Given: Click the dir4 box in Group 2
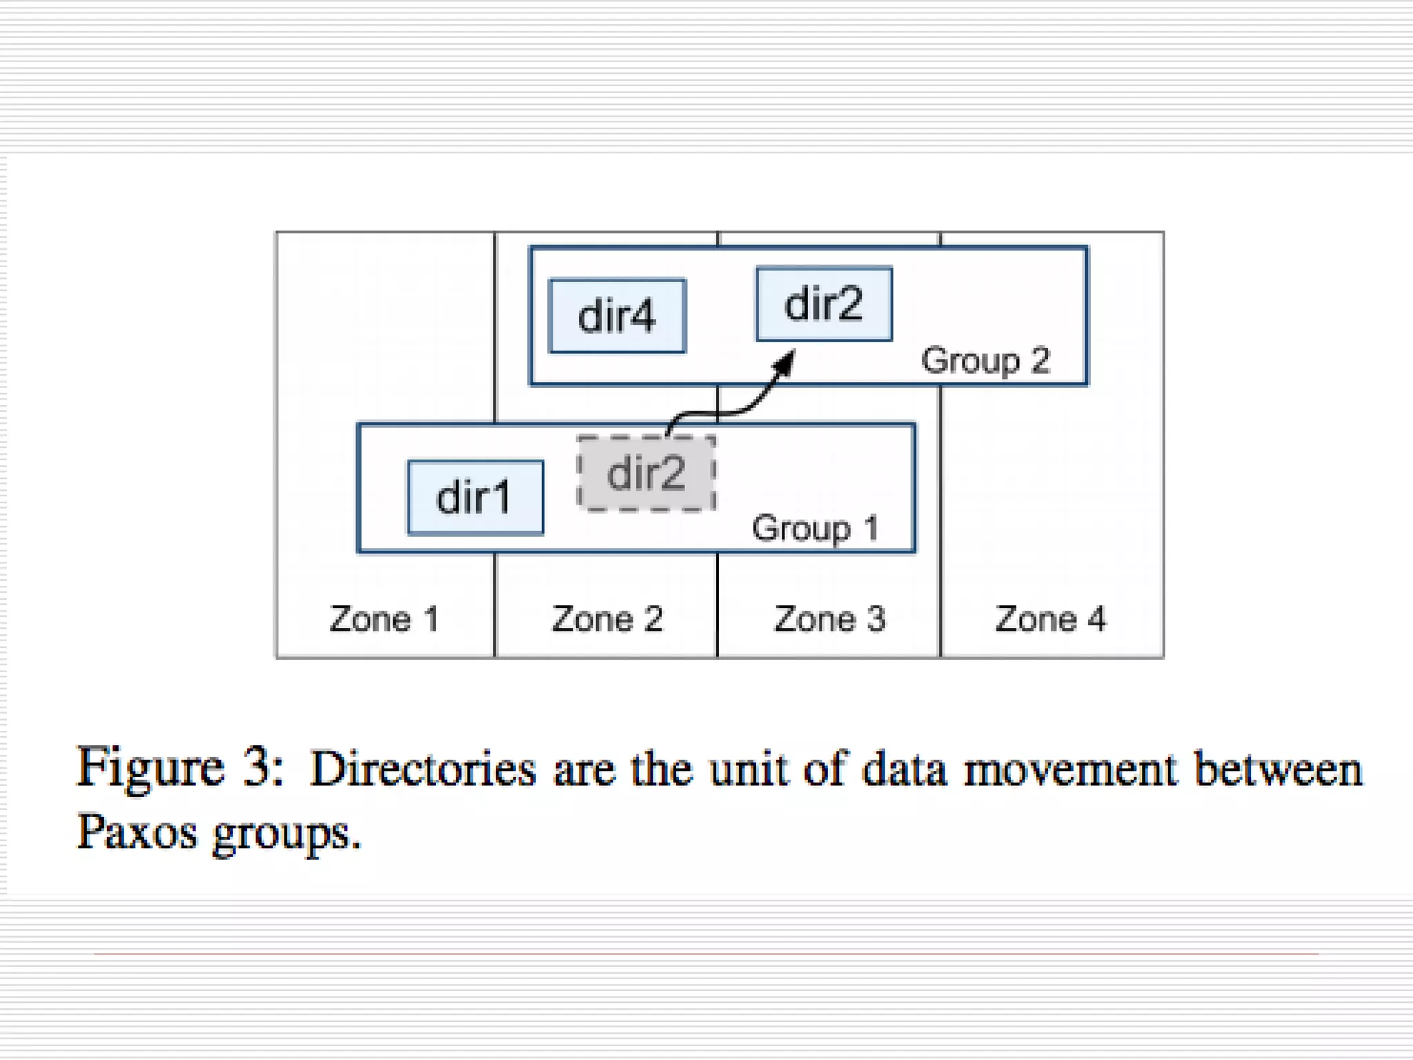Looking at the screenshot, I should (x=617, y=316).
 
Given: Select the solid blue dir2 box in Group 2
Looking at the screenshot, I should (x=824, y=304).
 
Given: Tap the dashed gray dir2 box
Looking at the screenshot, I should (x=646, y=473).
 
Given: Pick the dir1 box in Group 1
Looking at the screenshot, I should (x=475, y=498).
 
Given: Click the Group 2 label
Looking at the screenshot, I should (x=985, y=360).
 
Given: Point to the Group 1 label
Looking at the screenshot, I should (x=815, y=529).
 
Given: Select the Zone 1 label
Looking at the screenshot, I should (x=384, y=618).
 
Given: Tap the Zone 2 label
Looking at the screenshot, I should (x=607, y=618).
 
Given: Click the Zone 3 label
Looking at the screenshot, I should (x=829, y=618).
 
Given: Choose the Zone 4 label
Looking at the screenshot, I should (x=1050, y=618).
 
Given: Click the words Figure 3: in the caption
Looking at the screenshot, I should (x=179, y=767).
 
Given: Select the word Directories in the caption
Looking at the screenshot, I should (x=423, y=769).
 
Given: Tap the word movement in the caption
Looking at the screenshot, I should (x=1070, y=769).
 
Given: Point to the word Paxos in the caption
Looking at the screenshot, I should (x=137, y=832).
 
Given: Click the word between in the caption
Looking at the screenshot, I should (x=1278, y=769).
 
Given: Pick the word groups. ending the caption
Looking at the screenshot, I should (x=286, y=834).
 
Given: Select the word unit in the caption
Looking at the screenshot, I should (x=748, y=769).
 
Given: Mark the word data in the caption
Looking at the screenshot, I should (x=904, y=769).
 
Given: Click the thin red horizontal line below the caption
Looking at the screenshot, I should (x=706, y=954).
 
